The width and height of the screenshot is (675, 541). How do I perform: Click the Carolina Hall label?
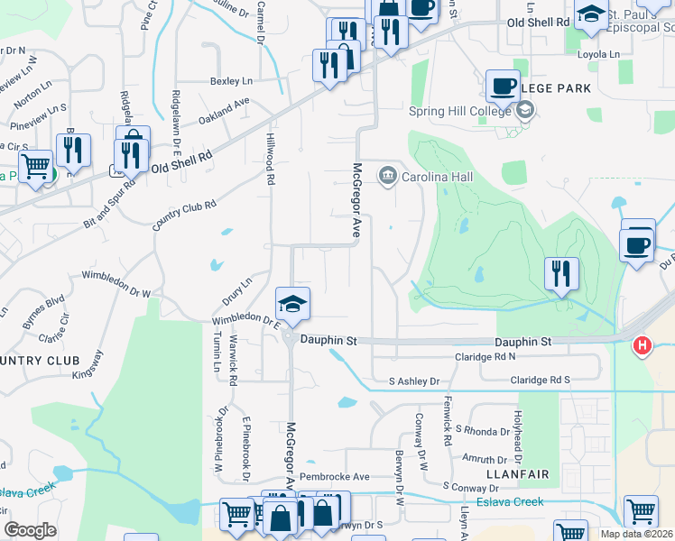(438, 177)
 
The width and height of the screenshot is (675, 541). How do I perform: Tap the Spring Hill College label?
(459, 111)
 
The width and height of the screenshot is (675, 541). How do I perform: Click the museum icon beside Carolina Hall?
(388, 173)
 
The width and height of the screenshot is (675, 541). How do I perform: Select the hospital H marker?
(642, 344)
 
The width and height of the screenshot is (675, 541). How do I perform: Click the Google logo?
(30, 529)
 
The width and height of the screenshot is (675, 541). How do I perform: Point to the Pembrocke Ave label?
(336, 476)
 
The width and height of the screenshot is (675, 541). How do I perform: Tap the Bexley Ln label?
(231, 81)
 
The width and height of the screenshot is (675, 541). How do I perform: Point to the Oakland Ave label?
(224, 111)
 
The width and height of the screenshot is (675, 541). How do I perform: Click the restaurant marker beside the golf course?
(561, 273)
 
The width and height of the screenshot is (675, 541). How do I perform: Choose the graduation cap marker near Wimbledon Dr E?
(292, 304)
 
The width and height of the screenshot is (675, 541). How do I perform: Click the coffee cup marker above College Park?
(504, 87)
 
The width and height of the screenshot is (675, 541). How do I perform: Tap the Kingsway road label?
(88, 368)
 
